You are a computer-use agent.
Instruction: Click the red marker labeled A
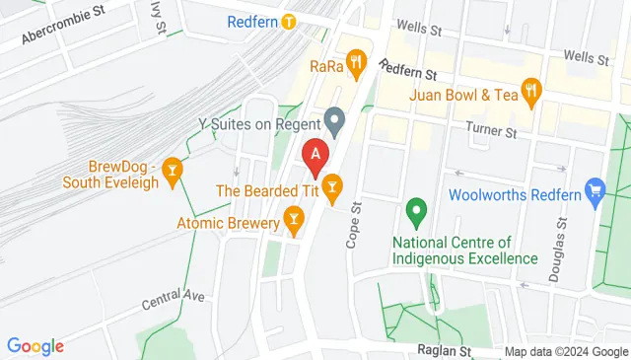point(315,154)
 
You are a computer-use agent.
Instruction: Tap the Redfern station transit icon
point(288,21)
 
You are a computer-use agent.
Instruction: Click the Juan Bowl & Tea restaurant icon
point(532,94)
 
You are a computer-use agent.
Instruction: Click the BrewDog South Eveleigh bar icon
point(174,171)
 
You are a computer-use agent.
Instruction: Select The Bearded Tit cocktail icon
point(332,184)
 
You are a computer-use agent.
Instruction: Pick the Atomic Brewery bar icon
point(293,218)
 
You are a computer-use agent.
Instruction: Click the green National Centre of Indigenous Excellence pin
point(416,210)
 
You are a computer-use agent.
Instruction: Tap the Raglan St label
point(448,350)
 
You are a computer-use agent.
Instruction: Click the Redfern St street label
point(407,71)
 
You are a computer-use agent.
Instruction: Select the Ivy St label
point(158,18)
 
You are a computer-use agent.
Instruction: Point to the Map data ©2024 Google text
point(566,352)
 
